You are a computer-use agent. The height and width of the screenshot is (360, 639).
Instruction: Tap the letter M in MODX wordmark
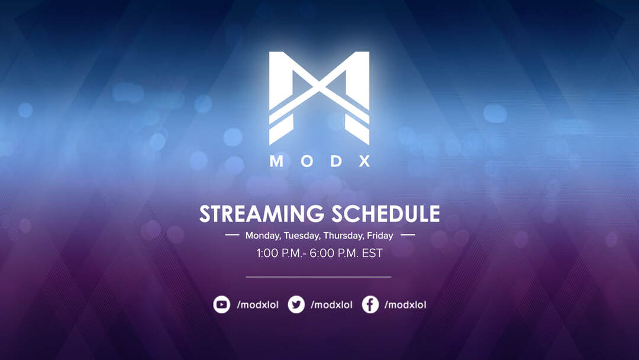click(276, 161)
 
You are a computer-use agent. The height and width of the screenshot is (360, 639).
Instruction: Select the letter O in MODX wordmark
click(307, 161)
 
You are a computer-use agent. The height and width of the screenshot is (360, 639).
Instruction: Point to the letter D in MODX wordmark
click(336, 161)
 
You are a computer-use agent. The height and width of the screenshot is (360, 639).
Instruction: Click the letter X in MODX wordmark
click(364, 161)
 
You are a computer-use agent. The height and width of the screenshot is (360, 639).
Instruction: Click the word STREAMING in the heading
click(261, 214)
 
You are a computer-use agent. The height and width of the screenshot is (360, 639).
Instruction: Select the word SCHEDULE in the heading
click(386, 214)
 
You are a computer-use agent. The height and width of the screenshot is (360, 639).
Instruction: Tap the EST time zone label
click(373, 253)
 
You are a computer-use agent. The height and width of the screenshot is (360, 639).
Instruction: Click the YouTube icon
click(222, 304)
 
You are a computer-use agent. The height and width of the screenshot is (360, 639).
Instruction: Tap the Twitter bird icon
click(296, 304)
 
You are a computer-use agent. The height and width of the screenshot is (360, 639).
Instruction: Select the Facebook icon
click(370, 304)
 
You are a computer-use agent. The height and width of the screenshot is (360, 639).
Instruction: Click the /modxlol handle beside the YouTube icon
click(258, 304)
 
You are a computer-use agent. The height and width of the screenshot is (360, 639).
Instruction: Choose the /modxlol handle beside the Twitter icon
click(332, 304)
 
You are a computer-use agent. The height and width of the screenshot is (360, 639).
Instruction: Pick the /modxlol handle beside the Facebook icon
click(405, 304)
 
